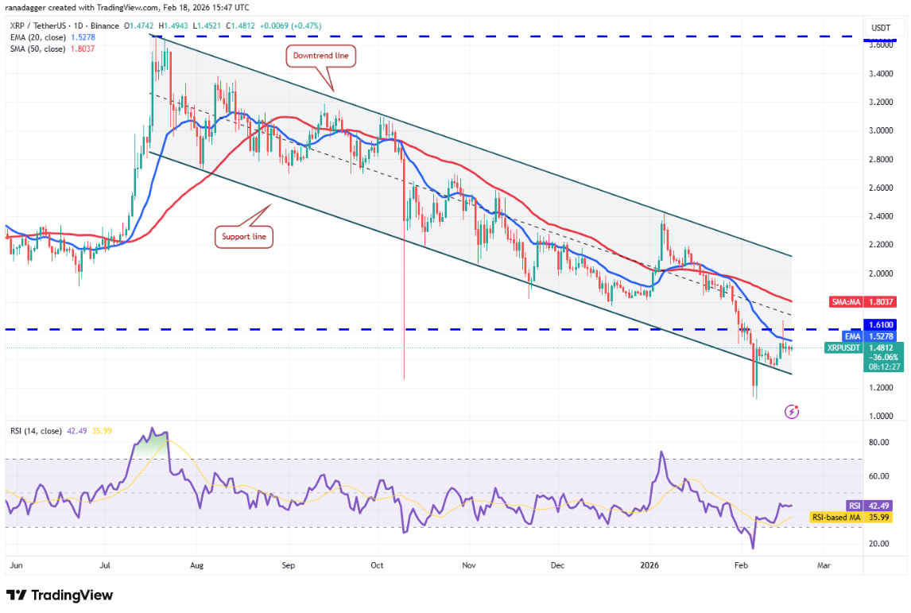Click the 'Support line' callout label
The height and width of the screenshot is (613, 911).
(x=244, y=236)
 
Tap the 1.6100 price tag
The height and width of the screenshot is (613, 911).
(x=882, y=324)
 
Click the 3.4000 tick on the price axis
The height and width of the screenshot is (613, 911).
(x=881, y=74)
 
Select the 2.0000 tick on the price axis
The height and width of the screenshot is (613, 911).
(x=881, y=274)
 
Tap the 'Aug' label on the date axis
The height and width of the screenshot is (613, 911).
(x=197, y=565)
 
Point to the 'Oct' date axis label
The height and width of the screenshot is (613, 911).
(x=378, y=565)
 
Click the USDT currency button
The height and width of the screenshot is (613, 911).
(x=881, y=28)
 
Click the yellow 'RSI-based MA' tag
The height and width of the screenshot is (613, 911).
(x=836, y=518)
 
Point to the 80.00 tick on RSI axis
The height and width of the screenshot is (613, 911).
(x=879, y=443)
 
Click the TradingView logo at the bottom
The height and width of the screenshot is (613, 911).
(x=60, y=595)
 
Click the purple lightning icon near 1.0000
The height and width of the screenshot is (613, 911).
(x=792, y=411)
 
